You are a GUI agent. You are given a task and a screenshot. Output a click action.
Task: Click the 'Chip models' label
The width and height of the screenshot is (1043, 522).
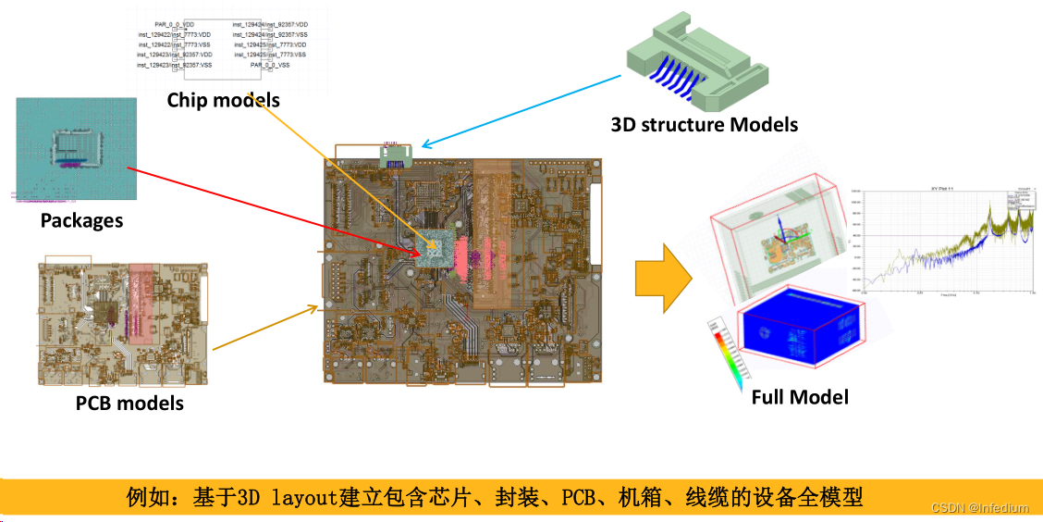(223, 100)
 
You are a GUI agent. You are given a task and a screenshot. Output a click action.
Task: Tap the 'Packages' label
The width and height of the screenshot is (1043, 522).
(81, 220)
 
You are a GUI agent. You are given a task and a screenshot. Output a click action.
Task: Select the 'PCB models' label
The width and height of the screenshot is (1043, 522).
(129, 404)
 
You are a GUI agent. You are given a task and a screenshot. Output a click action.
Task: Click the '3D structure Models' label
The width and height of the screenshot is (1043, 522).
(704, 124)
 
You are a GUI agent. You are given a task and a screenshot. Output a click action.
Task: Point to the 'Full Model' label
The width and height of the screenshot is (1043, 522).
(800, 397)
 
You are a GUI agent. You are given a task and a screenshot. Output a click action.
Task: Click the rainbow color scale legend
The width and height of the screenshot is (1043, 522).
(724, 353)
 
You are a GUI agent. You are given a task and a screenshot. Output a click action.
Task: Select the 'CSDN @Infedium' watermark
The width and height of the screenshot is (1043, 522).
(979, 507)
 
